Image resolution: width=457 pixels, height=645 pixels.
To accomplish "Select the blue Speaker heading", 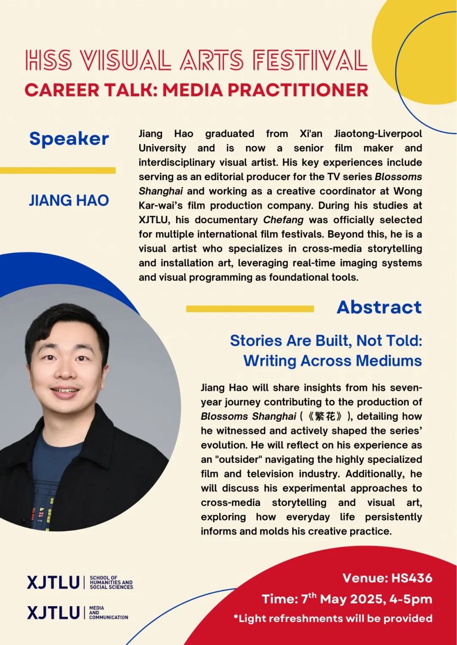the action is click(69, 139).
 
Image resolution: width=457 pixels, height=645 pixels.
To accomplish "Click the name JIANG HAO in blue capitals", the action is click(69, 200).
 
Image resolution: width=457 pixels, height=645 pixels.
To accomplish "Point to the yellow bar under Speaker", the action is click(58, 170).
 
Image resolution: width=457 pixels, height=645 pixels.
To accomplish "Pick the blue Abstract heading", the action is click(379, 307).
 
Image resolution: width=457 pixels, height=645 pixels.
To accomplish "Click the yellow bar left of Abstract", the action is click(250, 309).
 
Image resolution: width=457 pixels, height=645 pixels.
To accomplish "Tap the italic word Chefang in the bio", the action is click(283, 220).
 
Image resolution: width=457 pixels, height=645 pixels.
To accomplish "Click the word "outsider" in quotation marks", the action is click(238, 459).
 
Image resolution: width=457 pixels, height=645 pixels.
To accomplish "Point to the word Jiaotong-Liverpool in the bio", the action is click(378, 134).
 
